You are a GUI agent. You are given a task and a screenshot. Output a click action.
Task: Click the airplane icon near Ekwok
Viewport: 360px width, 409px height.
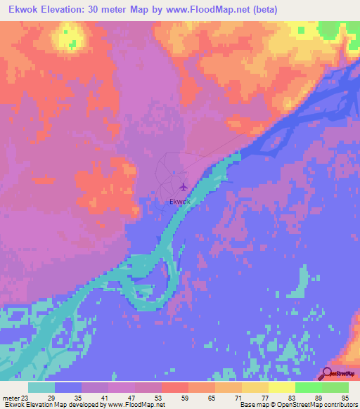[x=184, y=187]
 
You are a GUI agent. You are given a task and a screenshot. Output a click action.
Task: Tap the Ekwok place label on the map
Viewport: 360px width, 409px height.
[x=180, y=202]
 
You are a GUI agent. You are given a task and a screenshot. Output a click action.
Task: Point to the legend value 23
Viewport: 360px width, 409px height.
[x=28, y=397]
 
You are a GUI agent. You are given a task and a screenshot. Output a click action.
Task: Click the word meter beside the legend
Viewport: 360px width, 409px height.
[x=11, y=397]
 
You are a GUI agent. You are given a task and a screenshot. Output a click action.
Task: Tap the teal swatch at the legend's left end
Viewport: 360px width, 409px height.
[x=41, y=387]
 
